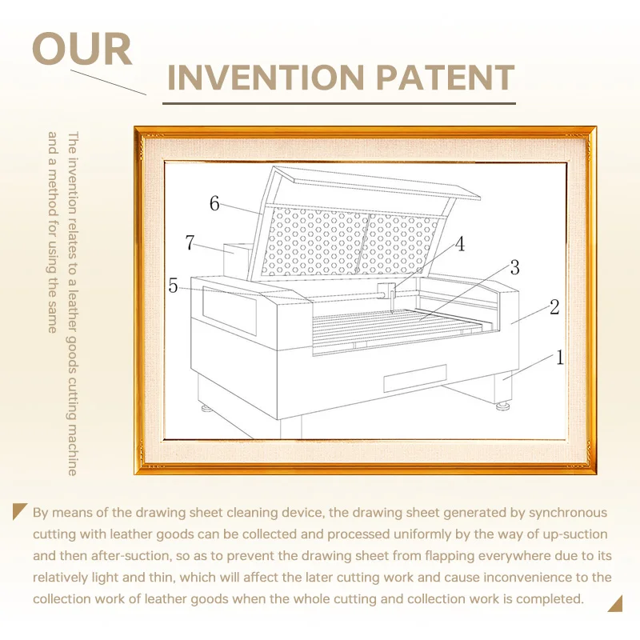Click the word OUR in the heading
point(82,49)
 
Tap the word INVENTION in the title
point(266,78)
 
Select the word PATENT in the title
point(445,78)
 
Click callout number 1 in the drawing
point(559,358)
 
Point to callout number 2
point(554,307)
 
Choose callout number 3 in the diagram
point(514,268)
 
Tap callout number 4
point(459,244)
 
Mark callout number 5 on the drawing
point(173,286)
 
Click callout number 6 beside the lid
point(214,203)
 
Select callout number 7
point(190,242)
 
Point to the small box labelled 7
point(237,259)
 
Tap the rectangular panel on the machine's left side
point(230,310)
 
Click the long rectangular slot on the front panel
point(415,378)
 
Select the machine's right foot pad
point(503,406)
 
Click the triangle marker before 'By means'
point(18,510)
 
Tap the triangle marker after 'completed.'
point(616,605)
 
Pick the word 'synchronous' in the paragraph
point(568,513)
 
